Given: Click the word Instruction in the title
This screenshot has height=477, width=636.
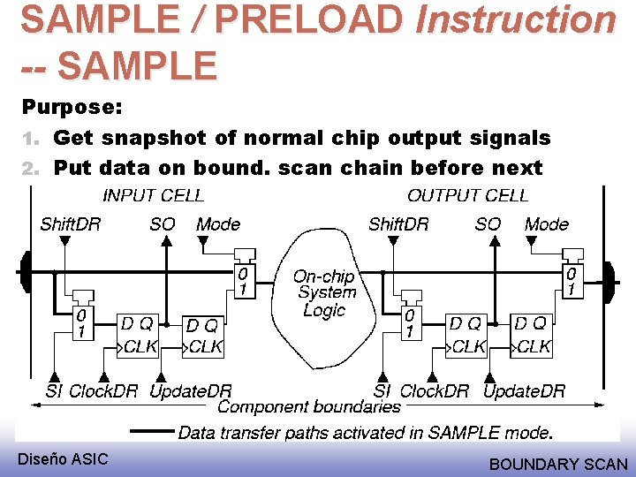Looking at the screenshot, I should click(x=516, y=19).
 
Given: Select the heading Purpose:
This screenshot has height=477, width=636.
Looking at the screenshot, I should click(x=72, y=108).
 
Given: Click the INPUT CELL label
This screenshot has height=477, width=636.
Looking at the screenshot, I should click(x=153, y=195).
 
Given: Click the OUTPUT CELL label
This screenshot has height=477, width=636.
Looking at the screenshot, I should click(x=467, y=195).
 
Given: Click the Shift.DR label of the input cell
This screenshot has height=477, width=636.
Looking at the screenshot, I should click(x=71, y=223).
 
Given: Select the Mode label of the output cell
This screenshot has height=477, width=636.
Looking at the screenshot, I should click(x=547, y=224).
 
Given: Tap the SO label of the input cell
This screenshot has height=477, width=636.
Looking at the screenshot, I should click(x=163, y=224).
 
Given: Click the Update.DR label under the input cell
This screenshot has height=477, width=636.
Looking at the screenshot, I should click(x=191, y=390).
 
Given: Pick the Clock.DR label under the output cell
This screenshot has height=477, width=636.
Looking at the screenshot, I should click(x=435, y=390).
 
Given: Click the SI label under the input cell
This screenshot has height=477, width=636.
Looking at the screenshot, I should click(x=54, y=390).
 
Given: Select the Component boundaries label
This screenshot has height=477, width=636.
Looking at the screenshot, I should click(x=308, y=406).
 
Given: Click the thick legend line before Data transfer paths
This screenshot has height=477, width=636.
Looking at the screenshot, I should click(x=152, y=432).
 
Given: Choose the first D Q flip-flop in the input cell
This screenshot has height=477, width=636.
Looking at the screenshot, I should click(x=139, y=335).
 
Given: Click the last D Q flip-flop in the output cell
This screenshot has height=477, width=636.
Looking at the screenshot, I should click(x=533, y=335).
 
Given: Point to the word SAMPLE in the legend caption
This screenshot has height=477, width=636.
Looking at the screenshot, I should click(x=459, y=433).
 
